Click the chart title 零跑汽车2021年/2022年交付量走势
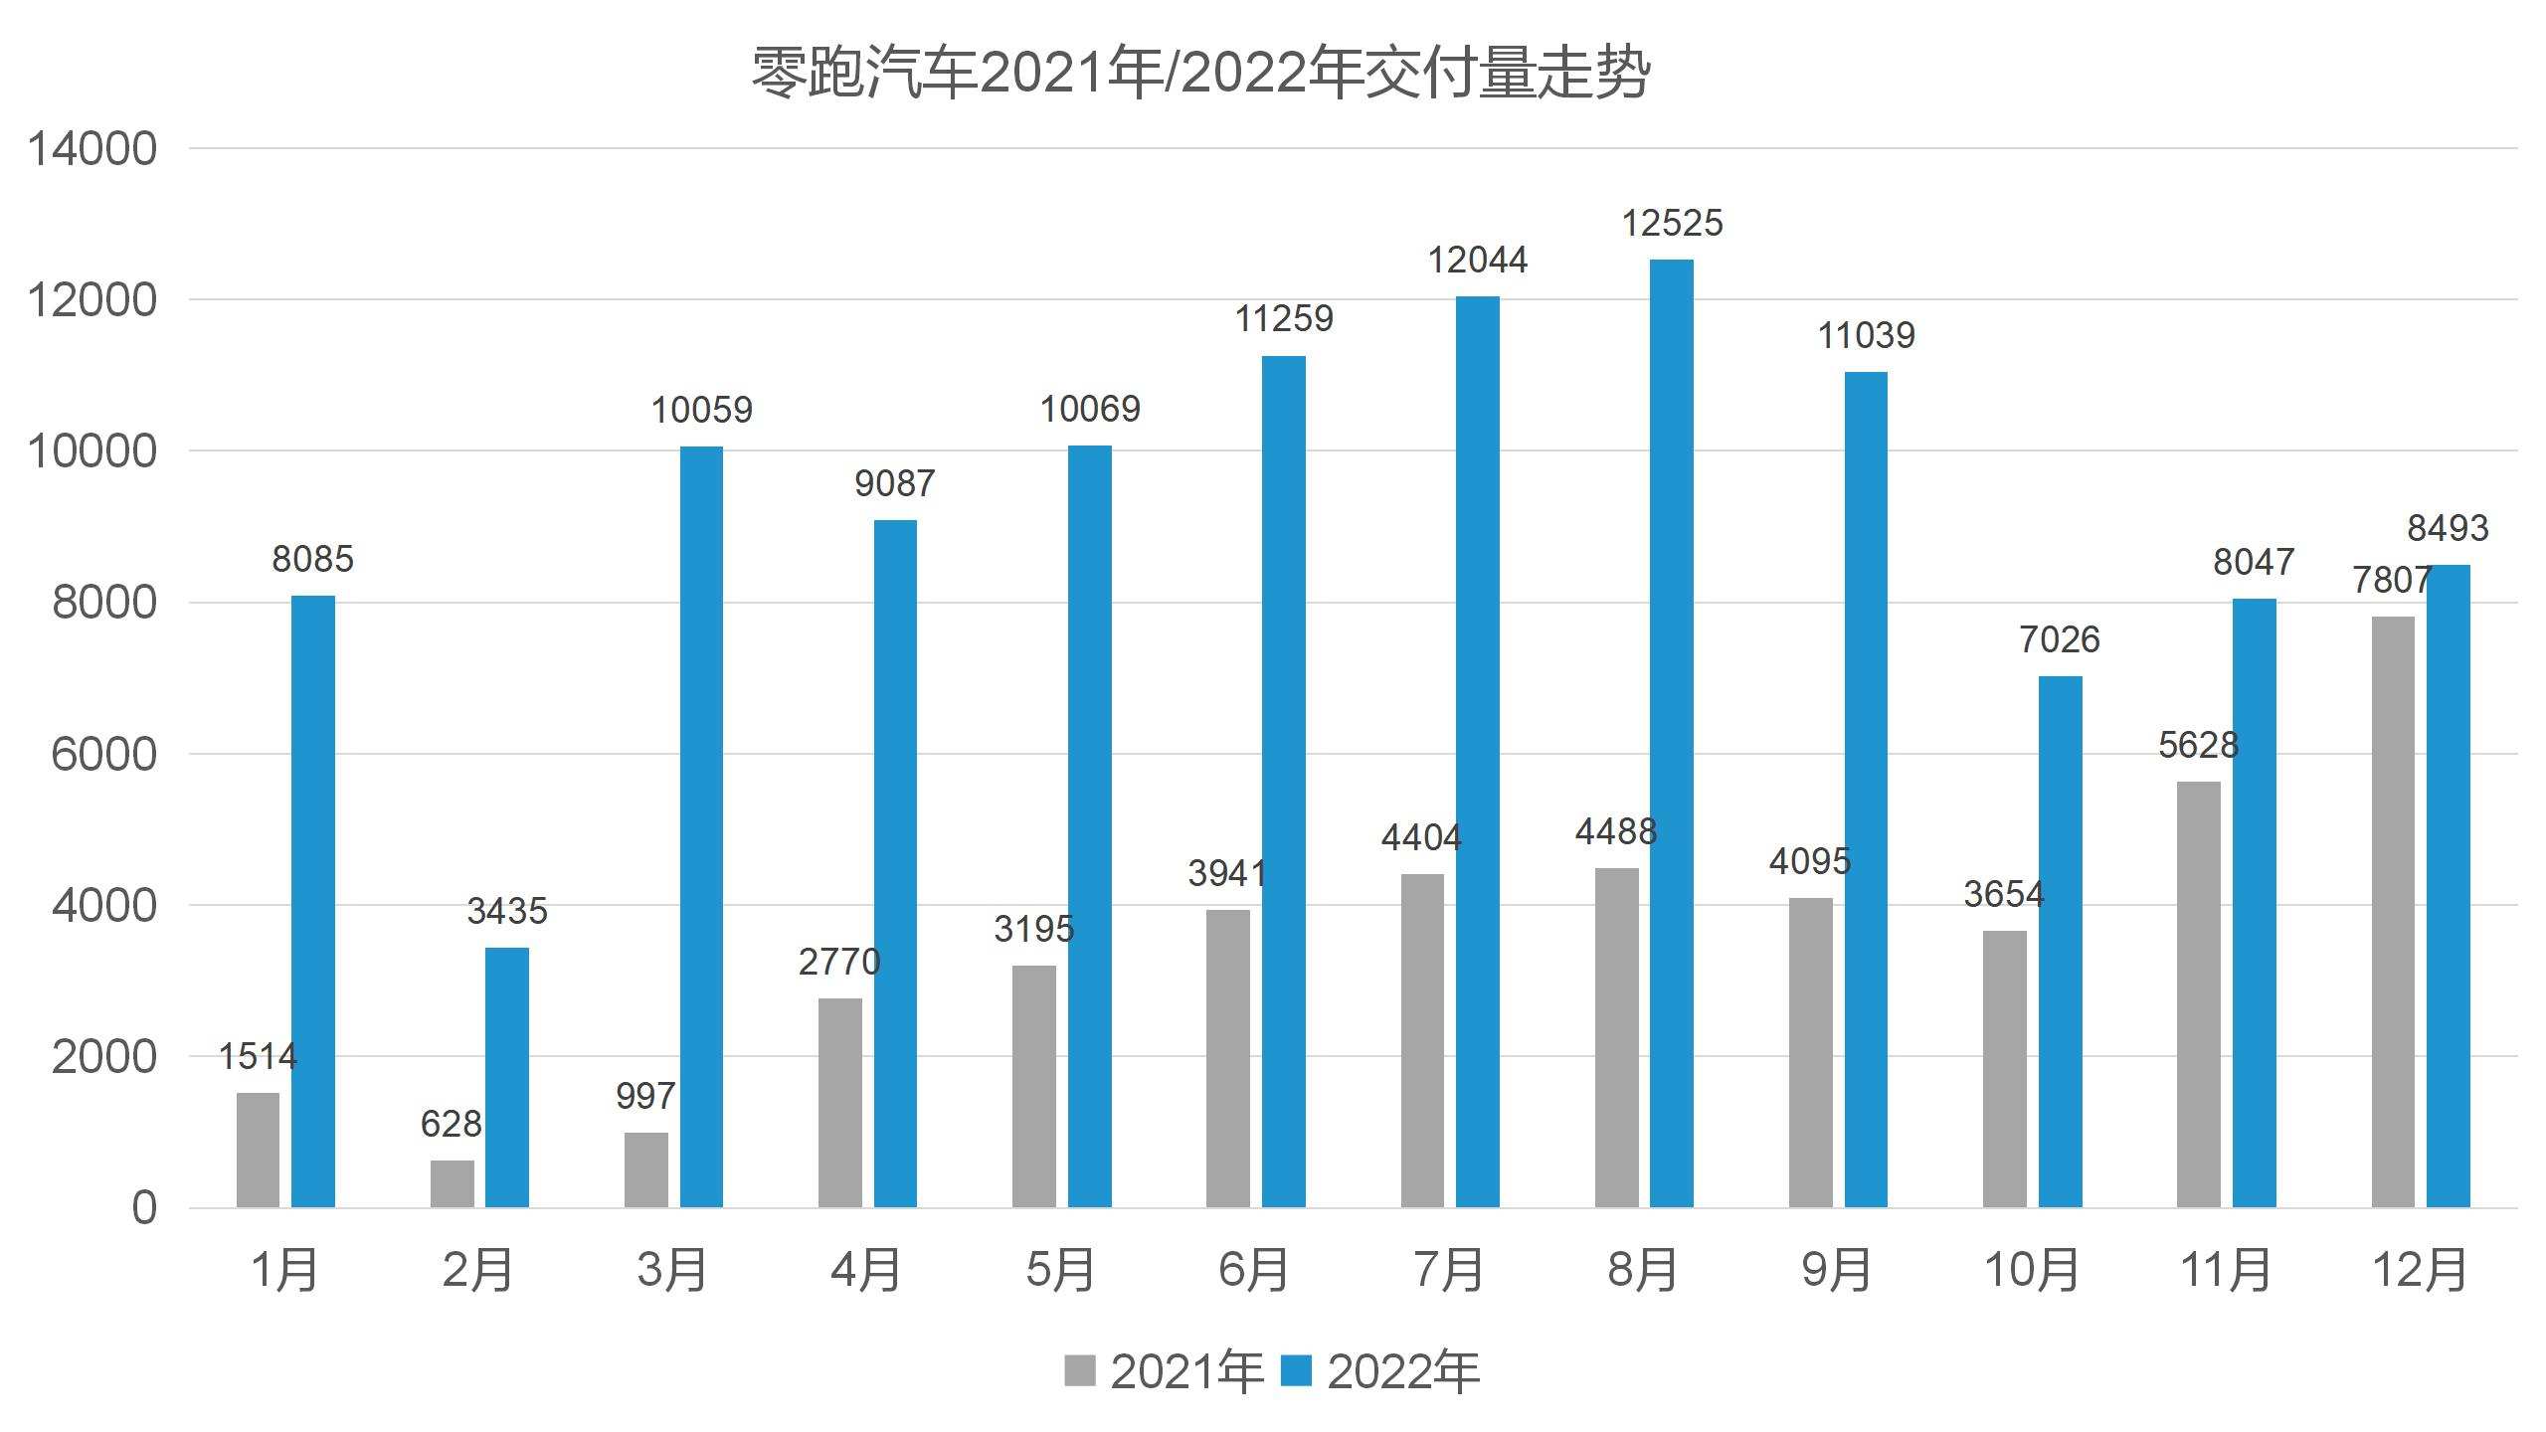pos(1199,74)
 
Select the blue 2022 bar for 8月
pos(1671,734)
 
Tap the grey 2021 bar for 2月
pos(453,1183)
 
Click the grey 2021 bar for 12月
pos(2392,912)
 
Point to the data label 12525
pos(1672,224)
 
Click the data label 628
pos(451,1125)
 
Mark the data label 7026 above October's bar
pos(2059,640)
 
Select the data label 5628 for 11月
pos(2198,745)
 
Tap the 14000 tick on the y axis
pos(91,150)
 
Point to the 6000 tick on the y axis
pos(103,755)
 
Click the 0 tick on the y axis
pos(144,1208)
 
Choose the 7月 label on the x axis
pos(1448,1271)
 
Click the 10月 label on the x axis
pos(2031,1271)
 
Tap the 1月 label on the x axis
pos(284,1271)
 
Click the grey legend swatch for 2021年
pos(1079,1370)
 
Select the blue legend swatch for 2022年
pos(1296,1370)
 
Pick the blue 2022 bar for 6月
pos(1283,782)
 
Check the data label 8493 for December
pos(2448,528)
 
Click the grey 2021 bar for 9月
pos(1810,1052)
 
